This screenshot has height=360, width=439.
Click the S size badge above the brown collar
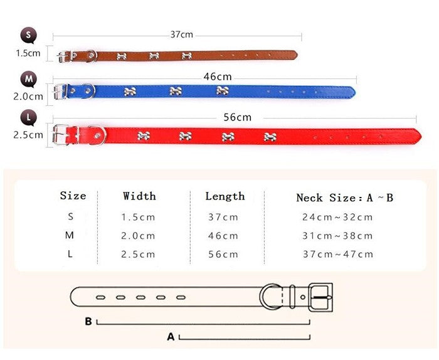28,35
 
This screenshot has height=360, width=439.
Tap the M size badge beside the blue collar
29,79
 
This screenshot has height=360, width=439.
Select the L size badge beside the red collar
29,118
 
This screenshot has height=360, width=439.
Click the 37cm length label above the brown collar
182,34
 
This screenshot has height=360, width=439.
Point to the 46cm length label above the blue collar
218,77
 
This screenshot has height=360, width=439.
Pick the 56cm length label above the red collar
238,117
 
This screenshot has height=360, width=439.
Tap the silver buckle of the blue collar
59,92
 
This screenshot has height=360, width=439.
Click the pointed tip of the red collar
421,135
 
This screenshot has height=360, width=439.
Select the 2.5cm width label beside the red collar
28,135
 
